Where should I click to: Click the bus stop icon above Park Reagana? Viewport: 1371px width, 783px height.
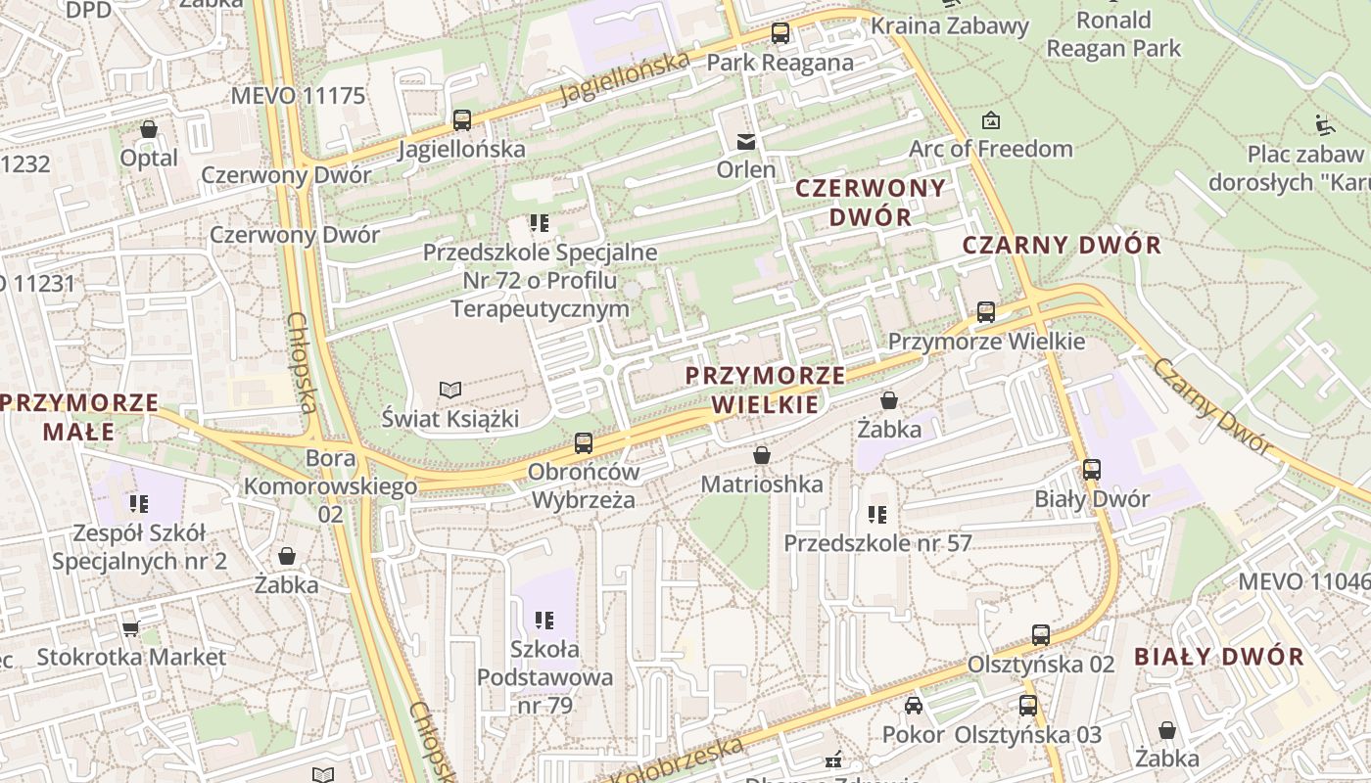pyautogui.click(x=780, y=33)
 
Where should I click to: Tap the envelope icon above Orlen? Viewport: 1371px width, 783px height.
pyautogui.click(x=746, y=141)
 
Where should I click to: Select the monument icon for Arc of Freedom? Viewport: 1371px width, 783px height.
pyautogui.click(x=991, y=120)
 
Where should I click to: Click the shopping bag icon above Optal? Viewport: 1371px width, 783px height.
pyautogui.click(x=149, y=129)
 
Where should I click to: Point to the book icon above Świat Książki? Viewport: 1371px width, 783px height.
pyautogui.click(x=449, y=391)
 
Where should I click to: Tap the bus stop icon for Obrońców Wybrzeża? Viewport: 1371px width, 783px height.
pyautogui.click(x=584, y=442)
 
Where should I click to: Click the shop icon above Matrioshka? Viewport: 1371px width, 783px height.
pyautogui.click(x=762, y=455)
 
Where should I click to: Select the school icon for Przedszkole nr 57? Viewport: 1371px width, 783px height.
pyautogui.click(x=877, y=514)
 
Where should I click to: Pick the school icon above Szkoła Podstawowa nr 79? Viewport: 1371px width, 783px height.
pyautogui.click(x=545, y=620)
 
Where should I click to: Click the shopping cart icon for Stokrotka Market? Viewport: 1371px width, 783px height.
pyautogui.click(x=130, y=627)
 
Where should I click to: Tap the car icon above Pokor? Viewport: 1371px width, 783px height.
pyautogui.click(x=913, y=706)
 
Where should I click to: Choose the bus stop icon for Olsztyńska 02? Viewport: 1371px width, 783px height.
pyautogui.click(x=1041, y=635)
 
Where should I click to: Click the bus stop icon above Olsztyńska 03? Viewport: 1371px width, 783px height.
pyautogui.click(x=1028, y=706)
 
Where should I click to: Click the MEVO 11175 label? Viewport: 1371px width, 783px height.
pyautogui.click(x=298, y=96)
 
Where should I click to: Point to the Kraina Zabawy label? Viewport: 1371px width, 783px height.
pyautogui.click(x=950, y=25)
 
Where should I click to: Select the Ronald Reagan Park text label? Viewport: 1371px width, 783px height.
pyautogui.click(x=1113, y=34)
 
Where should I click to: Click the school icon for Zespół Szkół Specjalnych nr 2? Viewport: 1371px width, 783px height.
pyautogui.click(x=138, y=504)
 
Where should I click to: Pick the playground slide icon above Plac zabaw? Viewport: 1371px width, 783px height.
pyautogui.click(x=1324, y=124)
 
